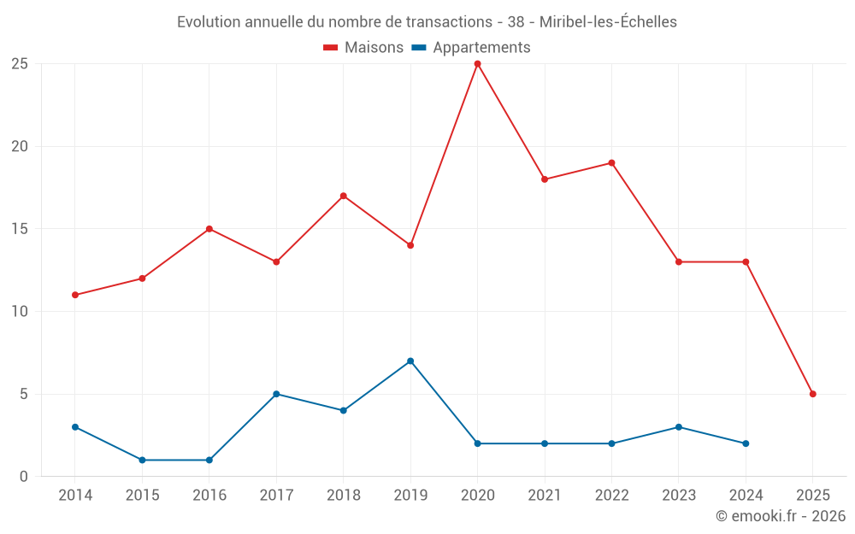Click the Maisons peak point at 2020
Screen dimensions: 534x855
pyautogui.click(x=477, y=63)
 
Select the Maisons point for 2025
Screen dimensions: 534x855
pyautogui.click(x=813, y=394)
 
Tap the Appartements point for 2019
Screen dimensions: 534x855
pyautogui.click(x=410, y=361)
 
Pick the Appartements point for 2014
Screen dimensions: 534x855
pyautogui.click(x=75, y=427)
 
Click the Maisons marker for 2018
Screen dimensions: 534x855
pyautogui.click(x=343, y=196)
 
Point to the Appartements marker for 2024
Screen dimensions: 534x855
pyautogui.click(x=746, y=443)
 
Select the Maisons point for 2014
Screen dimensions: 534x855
pyautogui.click(x=75, y=295)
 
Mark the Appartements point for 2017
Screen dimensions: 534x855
pyautogui.click(x=276, y=394)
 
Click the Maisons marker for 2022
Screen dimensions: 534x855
pyautogui.click(x=611, y=162)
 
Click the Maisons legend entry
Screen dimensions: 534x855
pyautogui.click(x=363, y=48)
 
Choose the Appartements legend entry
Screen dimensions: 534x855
pyautogui.click(x=471, y=48)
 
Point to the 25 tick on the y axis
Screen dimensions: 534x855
pyautogui.click(x=20, y=63)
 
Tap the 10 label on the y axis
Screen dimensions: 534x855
pyautogui.click(x=20, y=311)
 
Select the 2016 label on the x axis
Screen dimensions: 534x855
pyautogui.click(x=209, y=496)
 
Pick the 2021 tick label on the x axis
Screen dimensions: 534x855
pyautogui.click(x=545, y=496)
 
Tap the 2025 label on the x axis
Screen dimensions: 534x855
pyautogui.click(x=813, y=496)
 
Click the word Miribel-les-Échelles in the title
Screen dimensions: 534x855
pyautogui.click(x=608, y=22)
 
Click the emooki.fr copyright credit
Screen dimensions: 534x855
pyautogui.click(x=781, y=516)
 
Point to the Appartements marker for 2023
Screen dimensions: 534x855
pyautogui.click(x=679, y=427)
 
